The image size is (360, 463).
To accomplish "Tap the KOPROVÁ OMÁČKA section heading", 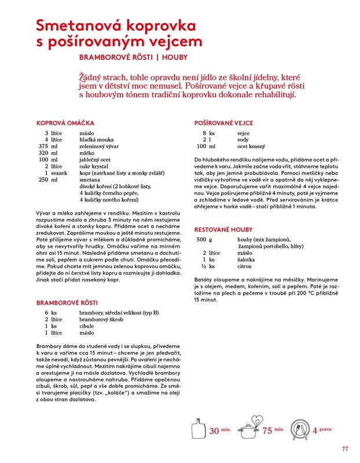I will (x=65, y=123).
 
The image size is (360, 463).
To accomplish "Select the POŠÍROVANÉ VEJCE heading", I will (x=223, y=123).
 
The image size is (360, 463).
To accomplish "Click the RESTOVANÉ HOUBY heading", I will (x=223, y=229).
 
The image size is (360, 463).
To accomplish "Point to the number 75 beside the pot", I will (x=267, y=431).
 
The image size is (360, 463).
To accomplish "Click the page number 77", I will (x=345, y=449).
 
